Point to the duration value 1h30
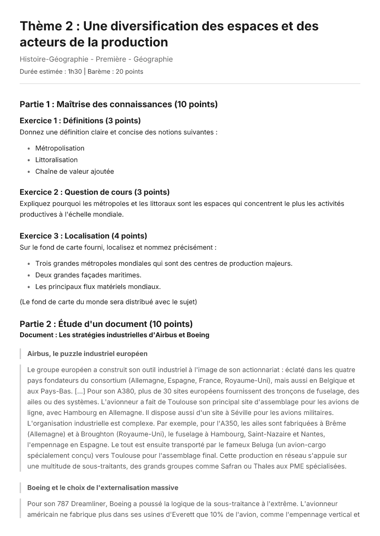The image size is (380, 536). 75,71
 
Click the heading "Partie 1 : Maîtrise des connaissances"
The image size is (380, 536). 118,105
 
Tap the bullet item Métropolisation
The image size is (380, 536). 59,148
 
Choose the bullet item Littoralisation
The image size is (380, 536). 56,160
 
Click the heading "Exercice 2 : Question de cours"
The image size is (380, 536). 94,192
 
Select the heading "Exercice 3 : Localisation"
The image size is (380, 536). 83,236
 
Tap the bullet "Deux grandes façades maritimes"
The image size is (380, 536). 88,275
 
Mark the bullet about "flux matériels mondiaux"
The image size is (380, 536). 98,287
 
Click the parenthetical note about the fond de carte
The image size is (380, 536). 108,302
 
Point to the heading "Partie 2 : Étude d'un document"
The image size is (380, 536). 106,324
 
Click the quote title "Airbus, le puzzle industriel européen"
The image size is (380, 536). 87,354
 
